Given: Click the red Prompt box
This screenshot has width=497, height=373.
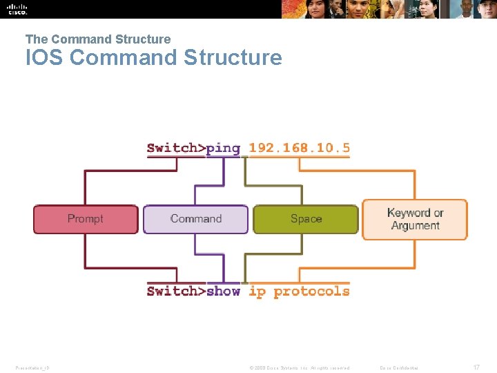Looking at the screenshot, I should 86,219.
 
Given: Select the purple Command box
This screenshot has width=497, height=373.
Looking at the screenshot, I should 195,219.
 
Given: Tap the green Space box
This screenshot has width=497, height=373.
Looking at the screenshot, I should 306,219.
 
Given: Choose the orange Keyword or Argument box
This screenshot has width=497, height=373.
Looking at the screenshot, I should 414,219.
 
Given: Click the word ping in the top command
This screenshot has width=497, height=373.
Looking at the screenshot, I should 223,148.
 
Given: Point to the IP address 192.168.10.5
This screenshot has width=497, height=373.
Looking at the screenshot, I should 299,148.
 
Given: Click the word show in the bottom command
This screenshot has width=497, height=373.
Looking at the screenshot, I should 223,291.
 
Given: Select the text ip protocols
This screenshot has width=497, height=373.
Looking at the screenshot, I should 299,291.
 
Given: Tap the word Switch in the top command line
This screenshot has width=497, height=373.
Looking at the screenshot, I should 172,148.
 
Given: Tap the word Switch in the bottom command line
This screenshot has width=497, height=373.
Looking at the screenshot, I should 172,291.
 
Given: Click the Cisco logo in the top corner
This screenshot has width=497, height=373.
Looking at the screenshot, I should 17,8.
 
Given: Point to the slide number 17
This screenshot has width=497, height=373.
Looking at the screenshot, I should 476,367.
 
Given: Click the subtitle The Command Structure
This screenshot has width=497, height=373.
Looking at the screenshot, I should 98,39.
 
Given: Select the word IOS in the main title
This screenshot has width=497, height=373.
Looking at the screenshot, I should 45,57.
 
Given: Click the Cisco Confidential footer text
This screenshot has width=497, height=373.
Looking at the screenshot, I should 399,367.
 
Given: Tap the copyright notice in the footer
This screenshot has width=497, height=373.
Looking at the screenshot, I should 299,367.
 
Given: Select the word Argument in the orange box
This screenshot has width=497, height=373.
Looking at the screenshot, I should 415,226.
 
